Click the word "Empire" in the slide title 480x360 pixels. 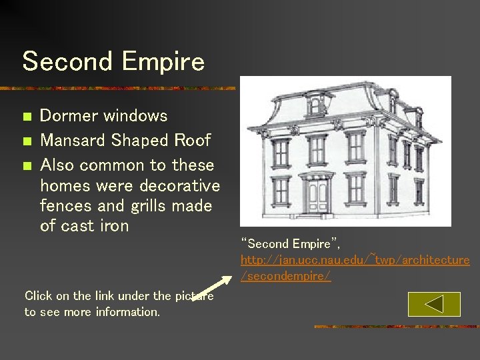tap(163, 62)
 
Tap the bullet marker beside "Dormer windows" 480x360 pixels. tap(27, 117)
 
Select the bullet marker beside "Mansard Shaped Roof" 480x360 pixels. tap(27, 141)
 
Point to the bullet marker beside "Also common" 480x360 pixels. tap(27, 166)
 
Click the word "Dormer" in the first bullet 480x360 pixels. tap(69, 116)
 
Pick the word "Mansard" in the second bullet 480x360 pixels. tap(73, 141)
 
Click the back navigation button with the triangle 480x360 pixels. tap(434, 305)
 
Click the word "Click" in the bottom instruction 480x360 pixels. tap(39, 296)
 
